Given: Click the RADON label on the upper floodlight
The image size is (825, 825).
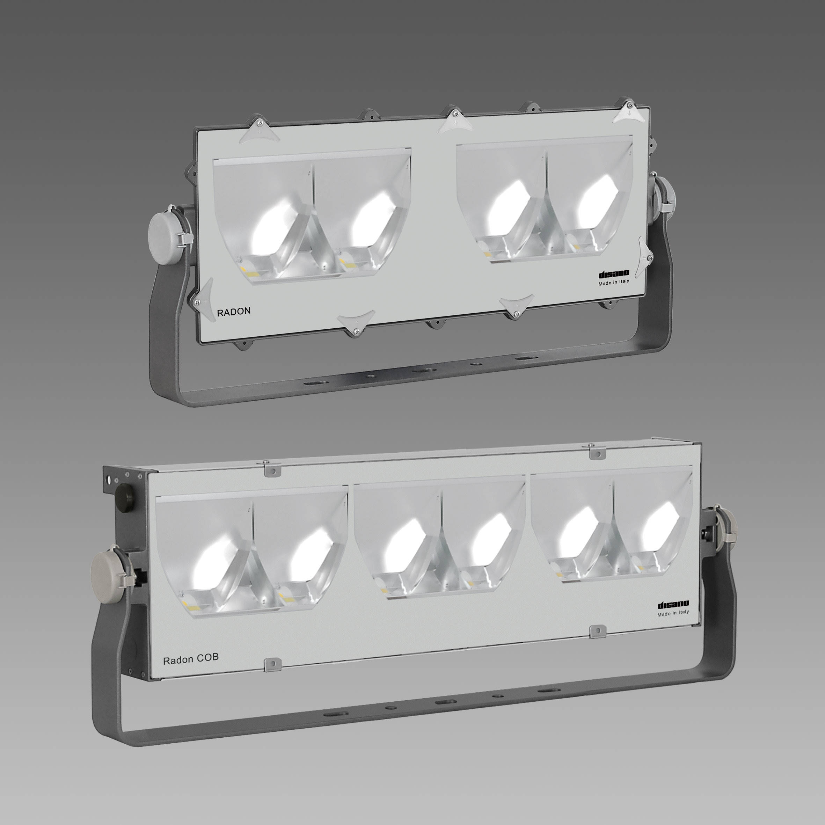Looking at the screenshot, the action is click(x=234, y=311).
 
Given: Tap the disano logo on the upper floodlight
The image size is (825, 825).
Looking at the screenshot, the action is click(x=614, y=274).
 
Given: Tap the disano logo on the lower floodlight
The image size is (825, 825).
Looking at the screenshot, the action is click(x=673, y=604).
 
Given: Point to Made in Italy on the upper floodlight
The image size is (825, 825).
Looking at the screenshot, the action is click(x=614, y=282).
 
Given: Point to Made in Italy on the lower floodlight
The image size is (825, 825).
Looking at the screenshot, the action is click(x=673, y=612).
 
